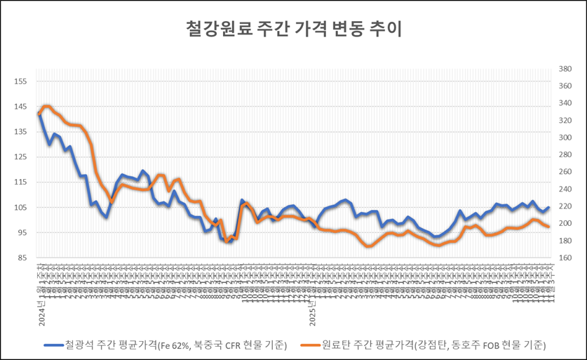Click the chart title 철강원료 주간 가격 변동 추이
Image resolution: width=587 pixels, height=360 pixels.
(x=293, y=29)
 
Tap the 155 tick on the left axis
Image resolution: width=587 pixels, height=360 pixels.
(x=20, y=81)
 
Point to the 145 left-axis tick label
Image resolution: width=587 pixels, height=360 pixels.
(x=20, y=107)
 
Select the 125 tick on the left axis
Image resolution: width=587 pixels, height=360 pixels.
(x=20, y=157)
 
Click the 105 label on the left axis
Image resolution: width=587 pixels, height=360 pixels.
(x=20, y=208)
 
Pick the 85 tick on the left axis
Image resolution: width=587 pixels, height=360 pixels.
(x=22, y=258)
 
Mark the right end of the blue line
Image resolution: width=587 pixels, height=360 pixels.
(x=548, y=207)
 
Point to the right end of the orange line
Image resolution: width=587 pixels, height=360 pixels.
(x=548, y=227)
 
